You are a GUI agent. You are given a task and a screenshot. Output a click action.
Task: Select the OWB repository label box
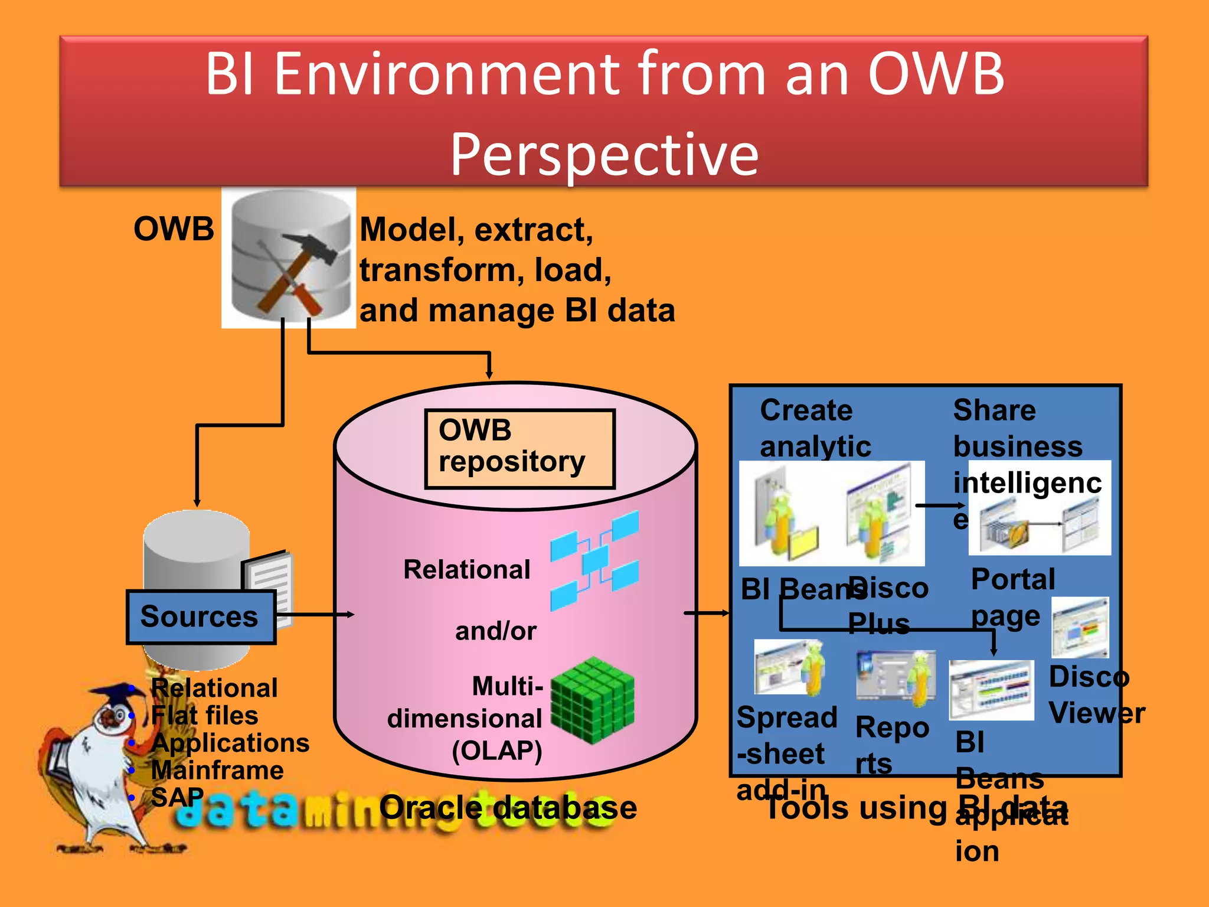coord(519,449)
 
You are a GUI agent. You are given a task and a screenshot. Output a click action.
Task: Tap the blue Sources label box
coord(201,617)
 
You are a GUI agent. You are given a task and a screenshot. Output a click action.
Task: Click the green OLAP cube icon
coord(592,700)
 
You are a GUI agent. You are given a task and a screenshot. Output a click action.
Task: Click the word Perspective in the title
coord(604,155)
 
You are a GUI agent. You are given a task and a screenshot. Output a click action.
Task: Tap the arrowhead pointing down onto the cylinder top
coord(489,373)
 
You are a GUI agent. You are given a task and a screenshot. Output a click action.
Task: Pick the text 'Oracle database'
coord(508,808)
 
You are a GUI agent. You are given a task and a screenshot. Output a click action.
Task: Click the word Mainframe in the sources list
coord(217,771)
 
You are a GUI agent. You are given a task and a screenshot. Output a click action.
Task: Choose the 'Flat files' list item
coord(204,716)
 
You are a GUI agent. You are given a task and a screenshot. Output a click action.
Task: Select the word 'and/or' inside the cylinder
coord(495,631)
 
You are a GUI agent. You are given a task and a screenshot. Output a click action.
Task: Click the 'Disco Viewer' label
coord(1095,695)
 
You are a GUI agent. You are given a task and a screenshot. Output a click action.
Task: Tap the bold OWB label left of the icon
coord(174,229)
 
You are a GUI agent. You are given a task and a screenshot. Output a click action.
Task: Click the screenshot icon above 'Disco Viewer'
coord(1080,627)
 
